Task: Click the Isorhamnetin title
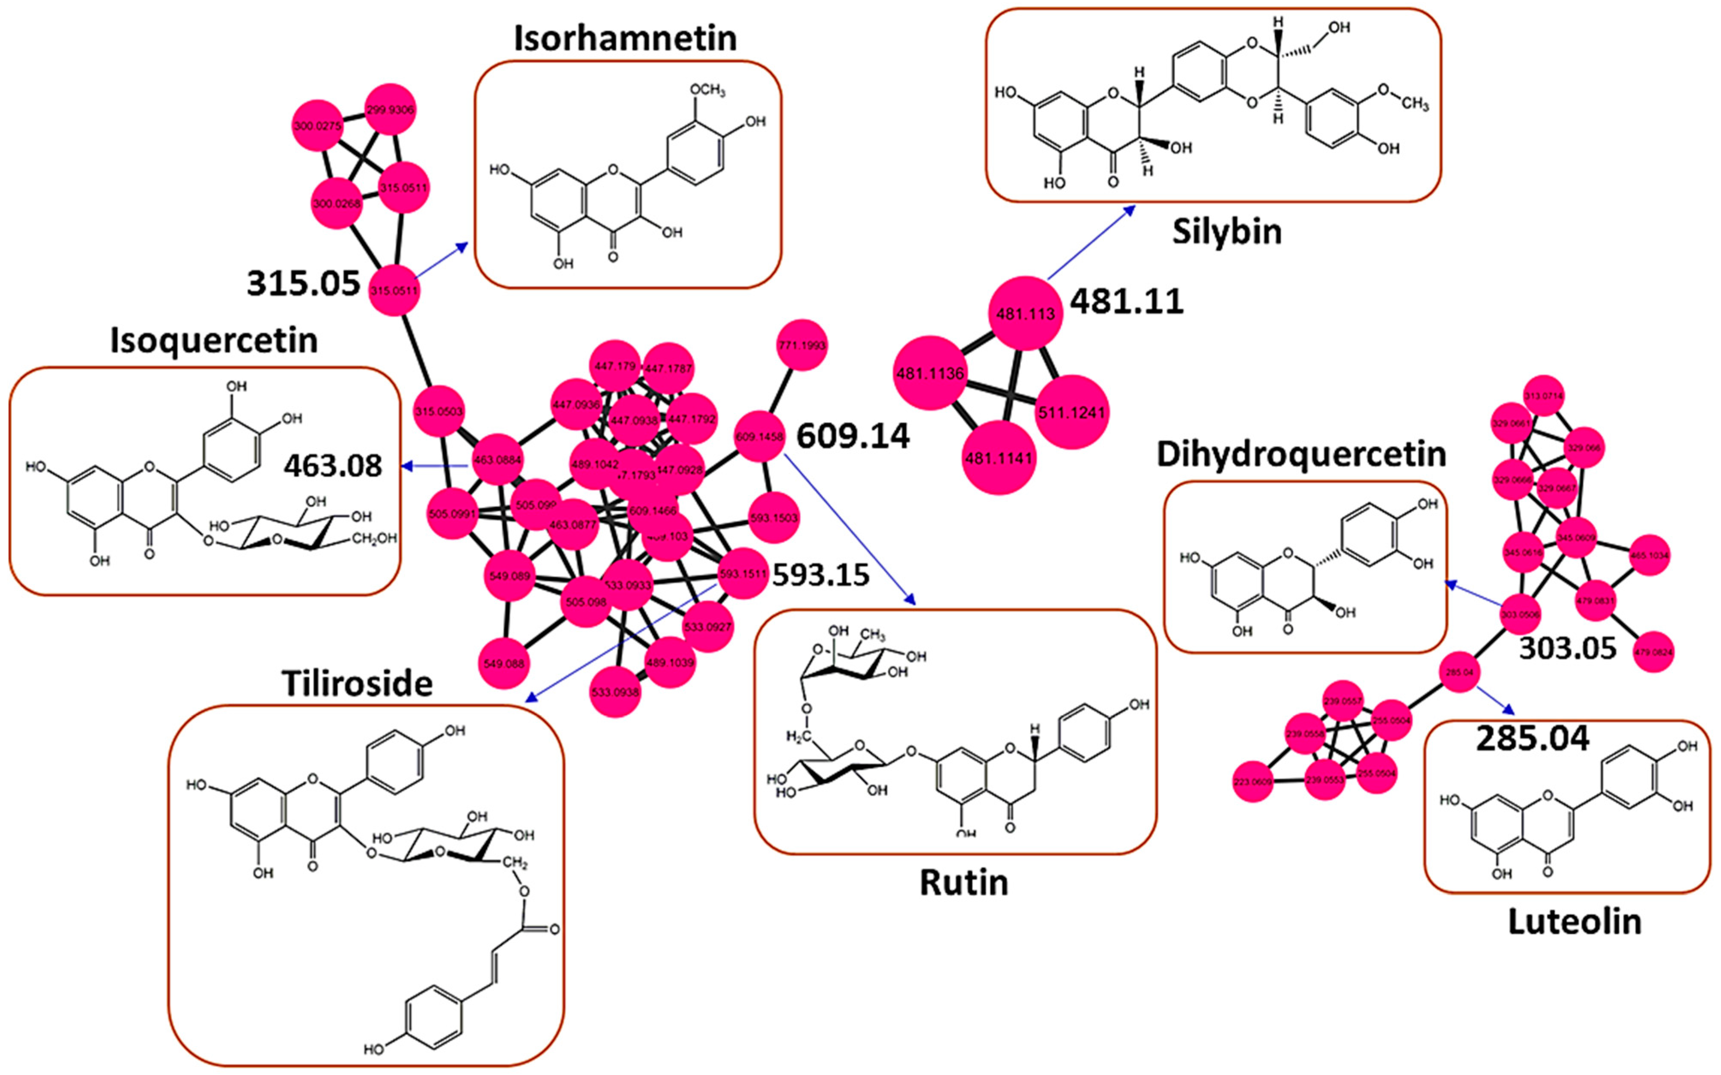click(625, 39)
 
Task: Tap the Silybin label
click(1226, 232)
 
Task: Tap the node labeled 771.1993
click(802, 346)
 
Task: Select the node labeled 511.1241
click(1072, 412)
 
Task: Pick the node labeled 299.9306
click(390, 110)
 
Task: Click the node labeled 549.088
click(504, 663)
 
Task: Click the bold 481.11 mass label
click(1127, 302)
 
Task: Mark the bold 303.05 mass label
click(1567, 648)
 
